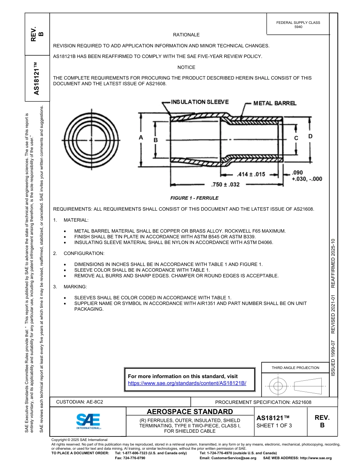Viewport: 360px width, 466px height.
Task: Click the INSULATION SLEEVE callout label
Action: (200, 102)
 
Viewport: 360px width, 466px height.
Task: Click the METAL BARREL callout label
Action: (275, 103)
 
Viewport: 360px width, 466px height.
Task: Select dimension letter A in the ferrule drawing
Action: (141, 138)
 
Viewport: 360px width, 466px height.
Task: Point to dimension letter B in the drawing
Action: (155, 140)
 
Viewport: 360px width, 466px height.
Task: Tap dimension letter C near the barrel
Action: (296, 138)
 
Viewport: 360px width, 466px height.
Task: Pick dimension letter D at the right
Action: (310, 136)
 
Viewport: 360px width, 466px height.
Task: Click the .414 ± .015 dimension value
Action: (251, 175)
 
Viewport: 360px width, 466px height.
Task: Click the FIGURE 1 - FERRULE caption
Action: (194, 198)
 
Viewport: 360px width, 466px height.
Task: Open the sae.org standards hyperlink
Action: (187, 383)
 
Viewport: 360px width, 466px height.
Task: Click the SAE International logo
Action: (88, 421)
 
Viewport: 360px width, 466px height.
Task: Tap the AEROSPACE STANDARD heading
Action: (190, 412)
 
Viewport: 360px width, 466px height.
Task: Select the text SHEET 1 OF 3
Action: (274, 425)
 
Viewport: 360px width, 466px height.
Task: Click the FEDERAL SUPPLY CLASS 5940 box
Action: (298, 25)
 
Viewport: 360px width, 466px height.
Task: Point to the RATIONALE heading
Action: (186, 35)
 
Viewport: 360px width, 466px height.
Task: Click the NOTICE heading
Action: (186, 67)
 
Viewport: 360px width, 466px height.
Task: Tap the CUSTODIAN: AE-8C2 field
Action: (80, 402)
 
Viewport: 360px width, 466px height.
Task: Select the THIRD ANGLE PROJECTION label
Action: (295, 367)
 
